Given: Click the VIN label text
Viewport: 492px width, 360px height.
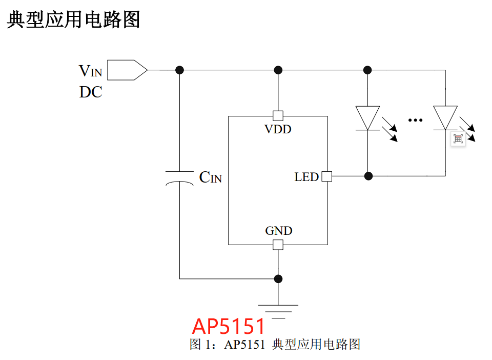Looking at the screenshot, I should (x=90, y=71).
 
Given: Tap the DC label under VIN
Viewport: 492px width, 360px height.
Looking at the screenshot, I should (x=91, y=92).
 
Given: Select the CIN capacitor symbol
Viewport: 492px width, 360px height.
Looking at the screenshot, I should (x=179, y=177).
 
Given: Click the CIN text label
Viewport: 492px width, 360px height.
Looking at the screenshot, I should (x=210, y=178).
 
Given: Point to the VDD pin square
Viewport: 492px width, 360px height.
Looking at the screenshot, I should (x=278, y=115).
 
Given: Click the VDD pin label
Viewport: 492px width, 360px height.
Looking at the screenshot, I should (x=278, y=129).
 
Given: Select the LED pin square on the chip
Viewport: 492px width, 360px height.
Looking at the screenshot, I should (x=326, y=176).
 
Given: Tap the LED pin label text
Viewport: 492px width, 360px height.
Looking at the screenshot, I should (x=306, y=177).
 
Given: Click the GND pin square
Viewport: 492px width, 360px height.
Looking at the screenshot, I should (x=278, y=245).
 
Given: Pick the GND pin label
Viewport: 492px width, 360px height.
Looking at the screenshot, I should (x=278, y=231).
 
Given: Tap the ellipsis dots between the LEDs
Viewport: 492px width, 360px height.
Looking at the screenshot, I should (x=415, y=120).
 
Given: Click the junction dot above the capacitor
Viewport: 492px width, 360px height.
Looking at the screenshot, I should (x=179, y=70).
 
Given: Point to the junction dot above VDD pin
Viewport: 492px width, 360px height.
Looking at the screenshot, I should (x=278, y=70).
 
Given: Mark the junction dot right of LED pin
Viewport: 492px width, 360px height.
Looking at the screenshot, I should (x=367, y=176).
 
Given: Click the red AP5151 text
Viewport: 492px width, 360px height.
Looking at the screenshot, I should (x=229, y=326).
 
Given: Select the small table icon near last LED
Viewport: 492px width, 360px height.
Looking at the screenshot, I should (x=458, y=138).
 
